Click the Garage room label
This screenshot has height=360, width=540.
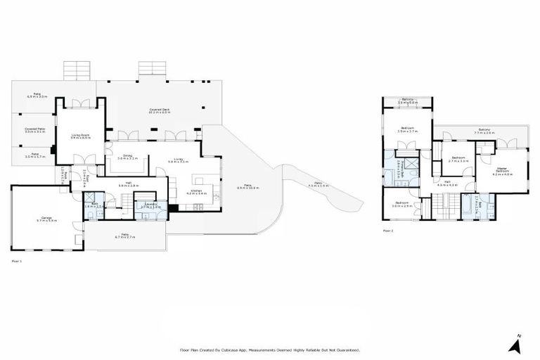coord(48,219)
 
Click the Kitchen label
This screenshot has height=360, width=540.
coord(197,191)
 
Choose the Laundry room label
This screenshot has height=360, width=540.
coord(150,206)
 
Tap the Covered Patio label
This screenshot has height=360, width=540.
coord(35,130)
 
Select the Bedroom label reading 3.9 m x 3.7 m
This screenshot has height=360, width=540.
coord(407,129)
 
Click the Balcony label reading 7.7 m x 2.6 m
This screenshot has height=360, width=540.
coord(484,131)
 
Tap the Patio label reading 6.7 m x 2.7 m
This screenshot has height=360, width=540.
coord(124,236)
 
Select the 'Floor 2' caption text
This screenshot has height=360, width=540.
coord(388,230)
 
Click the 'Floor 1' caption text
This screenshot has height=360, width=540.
coord(18,260)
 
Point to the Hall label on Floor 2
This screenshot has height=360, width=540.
coord(447,183)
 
